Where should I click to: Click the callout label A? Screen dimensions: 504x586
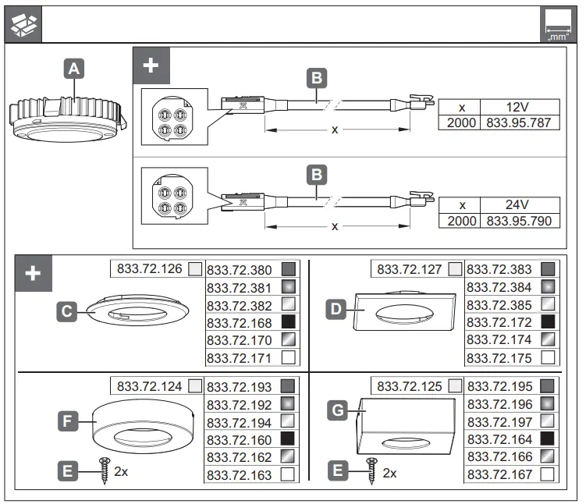point(73,69)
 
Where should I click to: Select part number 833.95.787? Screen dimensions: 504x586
point(518,122)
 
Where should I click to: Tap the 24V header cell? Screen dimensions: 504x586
point(518,204)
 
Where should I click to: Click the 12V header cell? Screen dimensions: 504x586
point(518,106)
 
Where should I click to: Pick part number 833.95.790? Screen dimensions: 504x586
point(518,221)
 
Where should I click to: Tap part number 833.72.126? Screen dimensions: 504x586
point(149,269)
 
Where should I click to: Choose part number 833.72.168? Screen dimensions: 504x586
point(239,322)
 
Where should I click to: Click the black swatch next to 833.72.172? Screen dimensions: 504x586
point(549,322)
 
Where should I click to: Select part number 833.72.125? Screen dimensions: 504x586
point(410,386)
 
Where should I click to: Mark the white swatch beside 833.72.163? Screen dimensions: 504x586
point(289,474)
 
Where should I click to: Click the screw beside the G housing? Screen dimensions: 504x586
point(371,472)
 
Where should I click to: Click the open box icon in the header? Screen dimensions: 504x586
point(23,25)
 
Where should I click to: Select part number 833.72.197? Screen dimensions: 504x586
point(499,421)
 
